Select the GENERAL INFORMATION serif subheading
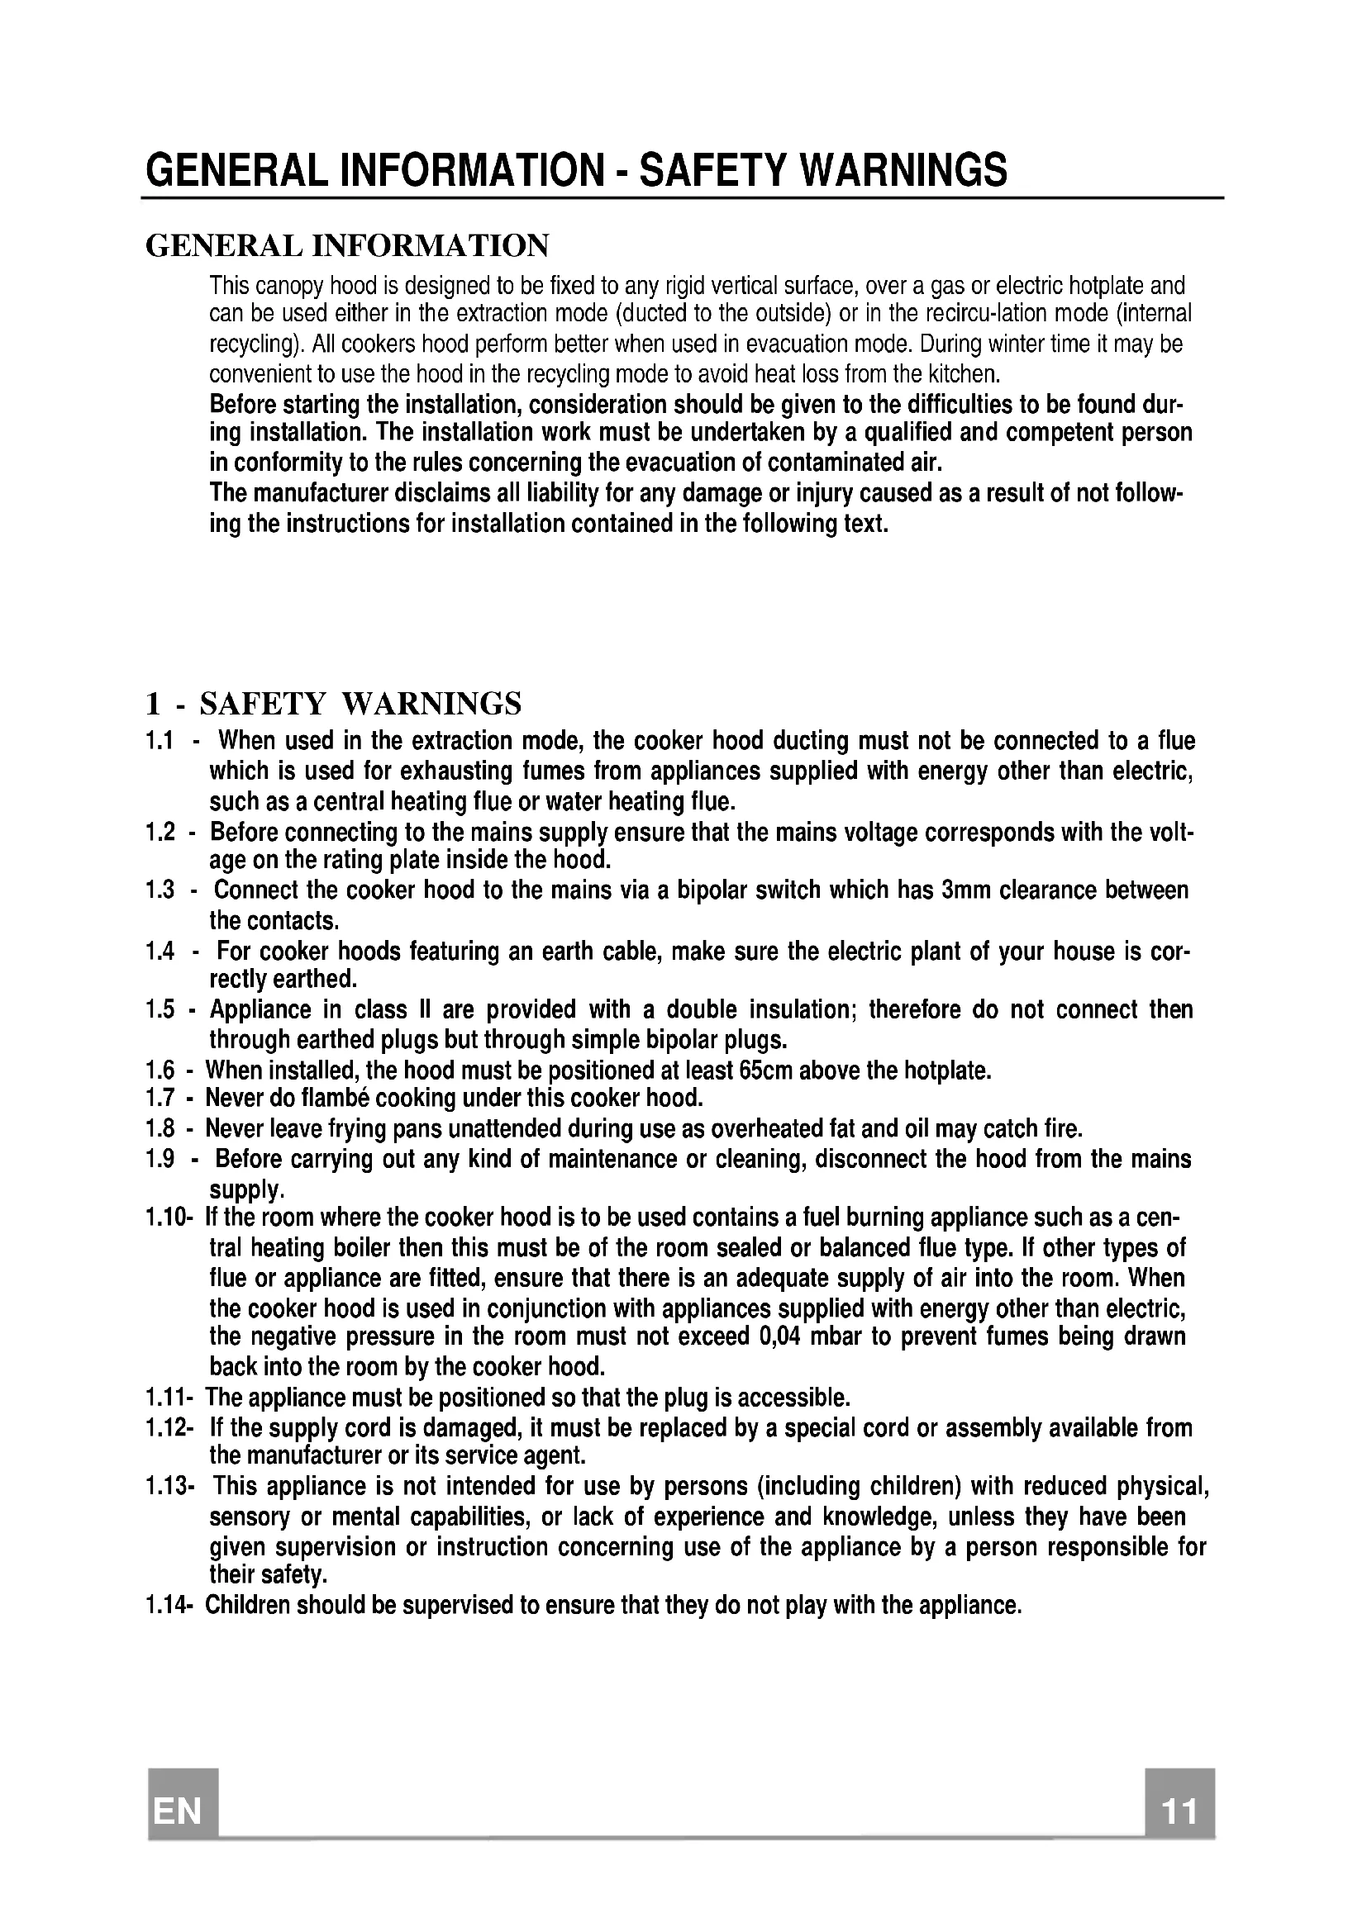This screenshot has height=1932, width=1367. [x=347, y=245]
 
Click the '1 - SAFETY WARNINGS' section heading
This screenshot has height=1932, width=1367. [x=333, y=703]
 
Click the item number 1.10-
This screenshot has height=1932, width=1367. [x=169, y=1218]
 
